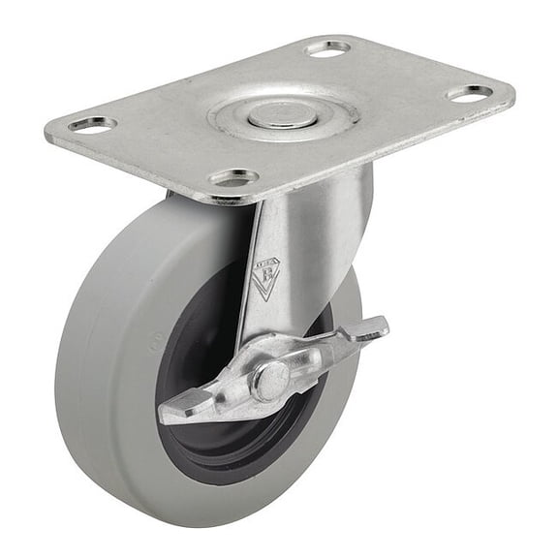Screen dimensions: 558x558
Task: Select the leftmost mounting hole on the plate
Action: [x=93, y=125]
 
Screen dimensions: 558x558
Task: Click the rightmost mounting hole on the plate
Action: [x=471, y=94]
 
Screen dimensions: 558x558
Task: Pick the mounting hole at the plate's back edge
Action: [x=329, y=47]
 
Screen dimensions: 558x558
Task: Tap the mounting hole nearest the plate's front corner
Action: [x=234, y=177]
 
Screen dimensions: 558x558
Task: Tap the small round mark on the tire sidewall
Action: [x=153, y=340]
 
